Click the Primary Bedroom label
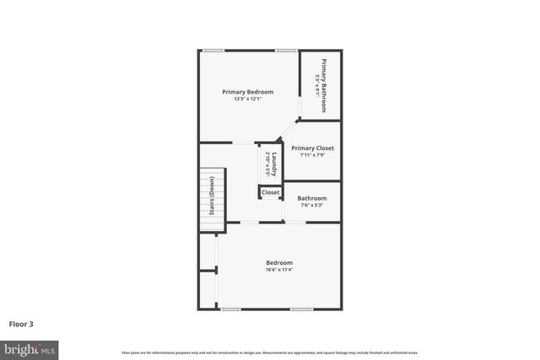[247, 92]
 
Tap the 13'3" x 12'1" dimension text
[247, 99]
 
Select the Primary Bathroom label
[322, 78]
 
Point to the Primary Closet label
[313, 148]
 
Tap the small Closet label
[270, 192]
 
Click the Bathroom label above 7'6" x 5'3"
[311, 198]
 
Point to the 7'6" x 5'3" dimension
[311, 205]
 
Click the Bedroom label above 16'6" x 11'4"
[279, 263]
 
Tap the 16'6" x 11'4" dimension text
[279, 271]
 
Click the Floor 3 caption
[21, 323]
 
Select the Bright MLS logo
[30, 348]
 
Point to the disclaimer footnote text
[269, 352]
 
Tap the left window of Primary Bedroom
[213, 51]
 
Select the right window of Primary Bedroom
[285, 51]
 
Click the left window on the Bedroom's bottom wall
[230, 309]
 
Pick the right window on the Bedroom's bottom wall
[302, 309]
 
